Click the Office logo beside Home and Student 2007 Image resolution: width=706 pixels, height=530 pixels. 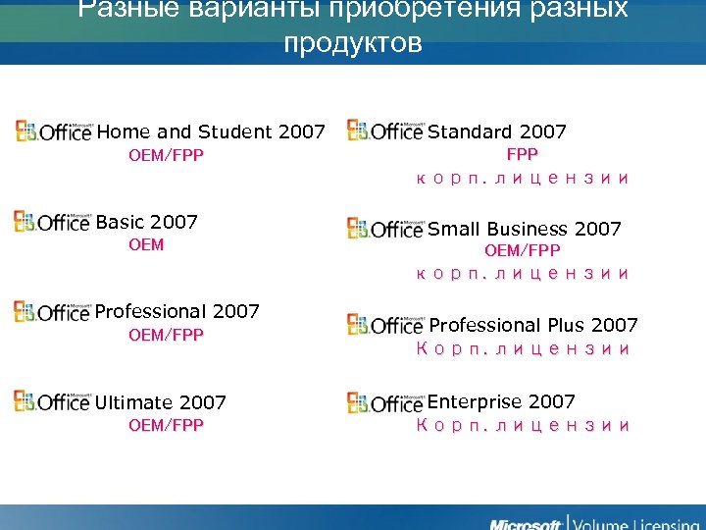53,131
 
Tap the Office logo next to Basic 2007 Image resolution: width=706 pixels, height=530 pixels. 52,221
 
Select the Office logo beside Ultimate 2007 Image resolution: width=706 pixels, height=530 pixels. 52,400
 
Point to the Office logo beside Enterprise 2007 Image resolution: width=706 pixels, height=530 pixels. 385,400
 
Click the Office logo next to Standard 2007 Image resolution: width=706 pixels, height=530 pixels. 385,131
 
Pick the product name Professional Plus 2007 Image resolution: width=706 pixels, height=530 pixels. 533,325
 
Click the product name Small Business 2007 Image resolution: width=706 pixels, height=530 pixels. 525,229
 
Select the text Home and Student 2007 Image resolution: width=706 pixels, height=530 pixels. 211,132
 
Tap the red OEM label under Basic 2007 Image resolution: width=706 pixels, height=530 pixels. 146,244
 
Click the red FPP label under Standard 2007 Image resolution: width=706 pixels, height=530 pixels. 522,154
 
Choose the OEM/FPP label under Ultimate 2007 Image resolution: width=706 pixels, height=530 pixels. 166,425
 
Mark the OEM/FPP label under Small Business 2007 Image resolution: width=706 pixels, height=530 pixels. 522,251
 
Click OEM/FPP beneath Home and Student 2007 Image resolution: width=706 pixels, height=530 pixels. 166,154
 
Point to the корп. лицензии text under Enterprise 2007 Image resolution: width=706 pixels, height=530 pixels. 522,425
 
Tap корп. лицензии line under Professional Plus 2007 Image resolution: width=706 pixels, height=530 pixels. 522,348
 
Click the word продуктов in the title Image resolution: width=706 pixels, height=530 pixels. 352,44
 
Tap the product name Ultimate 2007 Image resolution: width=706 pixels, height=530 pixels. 160,402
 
